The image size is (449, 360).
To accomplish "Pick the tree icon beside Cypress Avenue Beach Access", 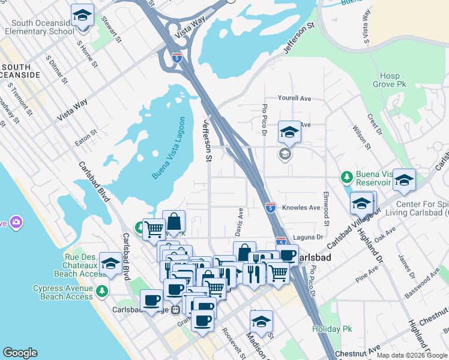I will [x=102, y=291].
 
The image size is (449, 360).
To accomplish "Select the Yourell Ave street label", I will [x=294, y=98].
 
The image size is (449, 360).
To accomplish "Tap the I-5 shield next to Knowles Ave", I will [x=270, y=208].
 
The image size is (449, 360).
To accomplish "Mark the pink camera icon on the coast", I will [x=16, y=223].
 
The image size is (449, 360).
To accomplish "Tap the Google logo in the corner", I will [x=20, y=353].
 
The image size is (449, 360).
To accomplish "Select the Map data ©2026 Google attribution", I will [x=411, y=355].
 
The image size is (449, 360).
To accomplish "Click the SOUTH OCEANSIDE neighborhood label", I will [x=21, y=70].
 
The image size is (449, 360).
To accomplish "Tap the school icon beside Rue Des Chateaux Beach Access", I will [x=110, y=263].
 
